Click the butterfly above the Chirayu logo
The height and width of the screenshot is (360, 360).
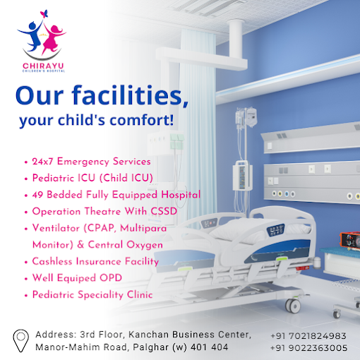[x=44, y=13]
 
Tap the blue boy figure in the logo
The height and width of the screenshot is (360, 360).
[x=31, y=36]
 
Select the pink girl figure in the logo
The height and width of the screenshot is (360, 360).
[x=53, y=39]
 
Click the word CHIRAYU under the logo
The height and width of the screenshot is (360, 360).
[x=43, y=66]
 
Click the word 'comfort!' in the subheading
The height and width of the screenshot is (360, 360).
[x=142, y=120]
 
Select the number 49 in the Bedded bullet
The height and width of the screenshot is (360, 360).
[x=37, y=195]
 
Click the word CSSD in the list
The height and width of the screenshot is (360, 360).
[x=164, y=211]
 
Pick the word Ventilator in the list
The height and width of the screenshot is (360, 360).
[x=56, y=228]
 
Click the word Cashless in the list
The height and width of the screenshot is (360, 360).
[x=52, y=261]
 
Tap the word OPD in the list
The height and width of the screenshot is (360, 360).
[x=111, y=278]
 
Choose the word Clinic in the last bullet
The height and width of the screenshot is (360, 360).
[x=140, y=294]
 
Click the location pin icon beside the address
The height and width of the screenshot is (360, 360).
[x=20, y=340]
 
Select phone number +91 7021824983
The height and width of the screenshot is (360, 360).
[x=308, y=336]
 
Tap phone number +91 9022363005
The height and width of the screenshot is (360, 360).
[x=308, y=348]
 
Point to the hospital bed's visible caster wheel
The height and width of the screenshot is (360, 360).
[x=293, y=306]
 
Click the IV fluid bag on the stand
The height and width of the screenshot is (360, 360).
[x=251, y=117]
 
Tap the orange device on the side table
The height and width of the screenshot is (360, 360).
[x=349, y=241]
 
